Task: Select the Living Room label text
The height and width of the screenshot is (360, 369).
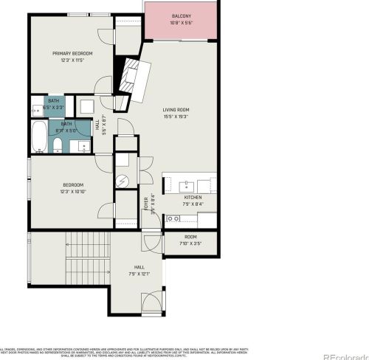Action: (x=176, y=111)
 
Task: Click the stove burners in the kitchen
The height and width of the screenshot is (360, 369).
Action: (x=174, y=218)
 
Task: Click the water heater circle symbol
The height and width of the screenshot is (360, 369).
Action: (x=123, y=180)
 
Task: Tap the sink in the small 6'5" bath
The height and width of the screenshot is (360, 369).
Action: (x=36, y=111)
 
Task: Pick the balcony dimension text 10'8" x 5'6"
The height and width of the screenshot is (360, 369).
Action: (x=181, y=23)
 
